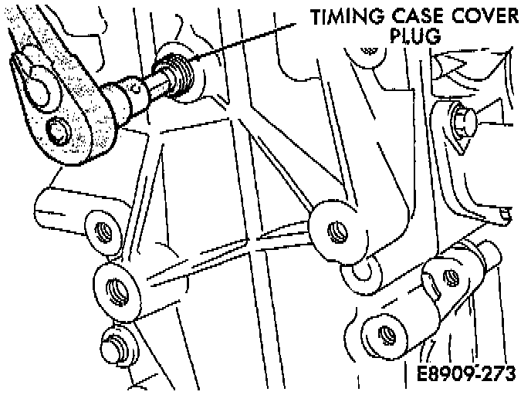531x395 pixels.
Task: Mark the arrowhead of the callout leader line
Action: pyautogui.click(x=194, y=59)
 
